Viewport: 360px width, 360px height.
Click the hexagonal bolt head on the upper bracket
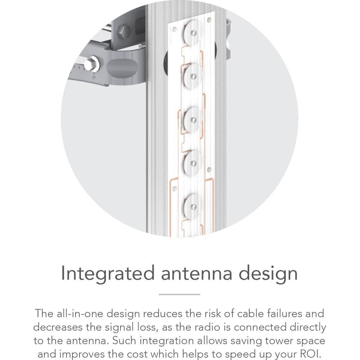(x=124, y=32)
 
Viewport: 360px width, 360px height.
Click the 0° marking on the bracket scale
(x=94, y=77)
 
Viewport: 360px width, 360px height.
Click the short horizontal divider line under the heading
(x=179, y=294)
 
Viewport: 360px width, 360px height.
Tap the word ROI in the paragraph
(x=309, y=354)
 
